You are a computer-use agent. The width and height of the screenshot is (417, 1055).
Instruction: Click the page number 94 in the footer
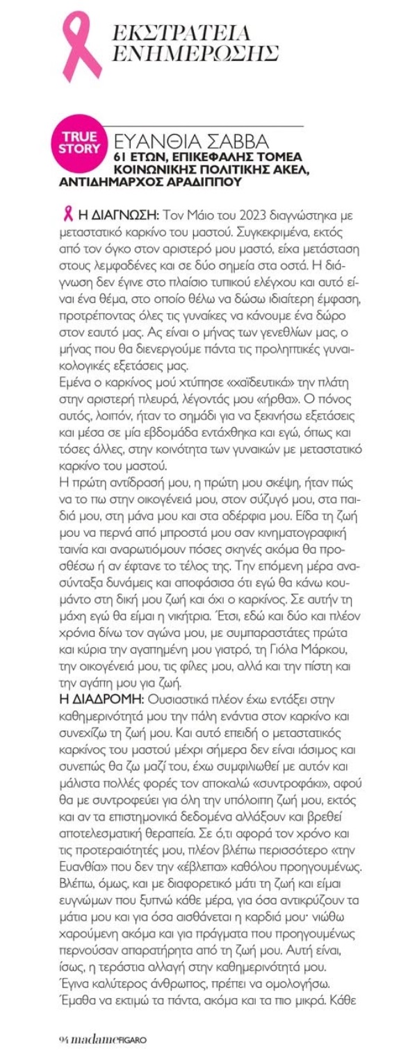pos(63,1040)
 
